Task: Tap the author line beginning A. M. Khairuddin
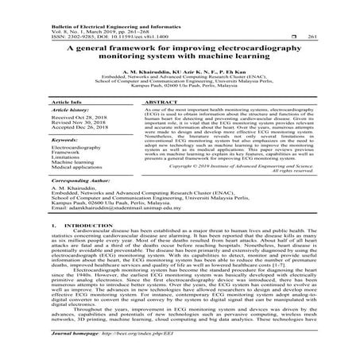180,72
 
